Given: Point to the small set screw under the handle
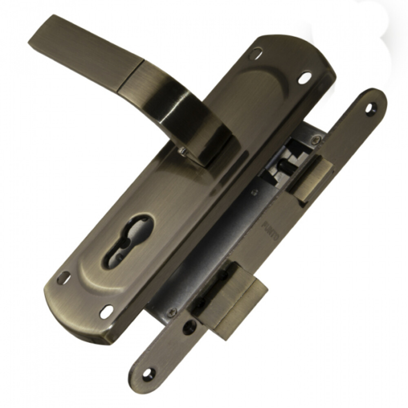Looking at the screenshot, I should click(183, 151).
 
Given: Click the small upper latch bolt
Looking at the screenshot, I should click(310, 180).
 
